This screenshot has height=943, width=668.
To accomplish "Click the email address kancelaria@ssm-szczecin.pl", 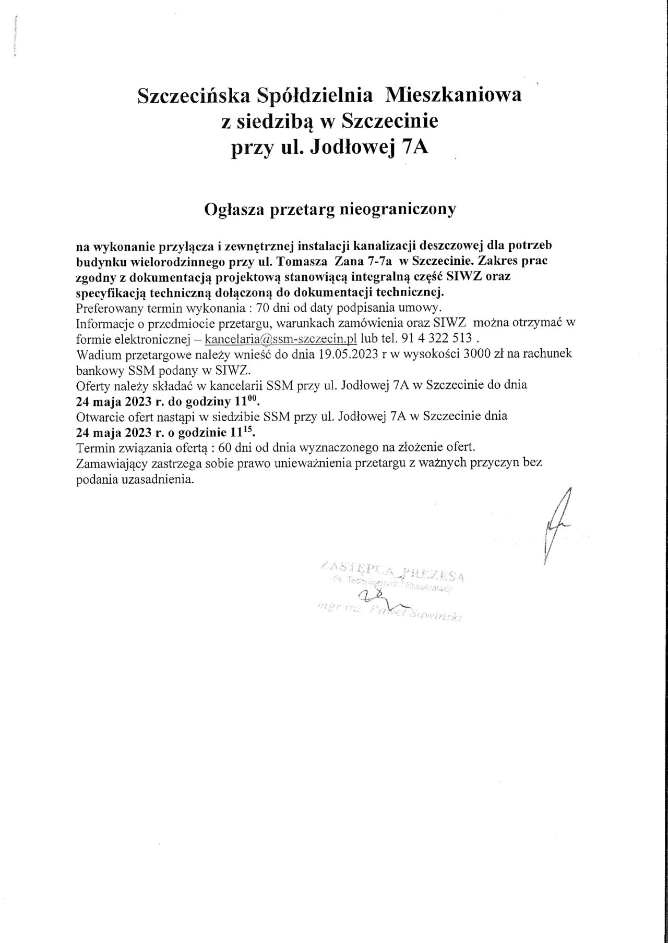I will (x=281, y=338).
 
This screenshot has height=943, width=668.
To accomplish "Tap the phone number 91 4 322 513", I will (x=437, y=338).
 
